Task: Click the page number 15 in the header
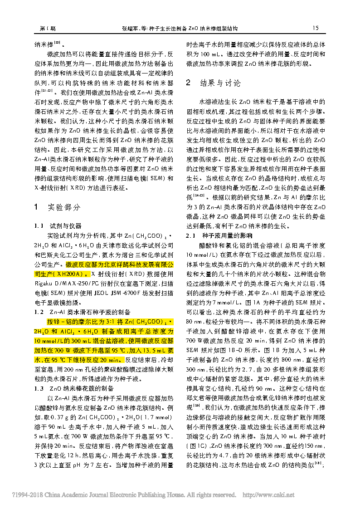(316, 28)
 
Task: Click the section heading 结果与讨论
(220, 83)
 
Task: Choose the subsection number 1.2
(39, 312)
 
